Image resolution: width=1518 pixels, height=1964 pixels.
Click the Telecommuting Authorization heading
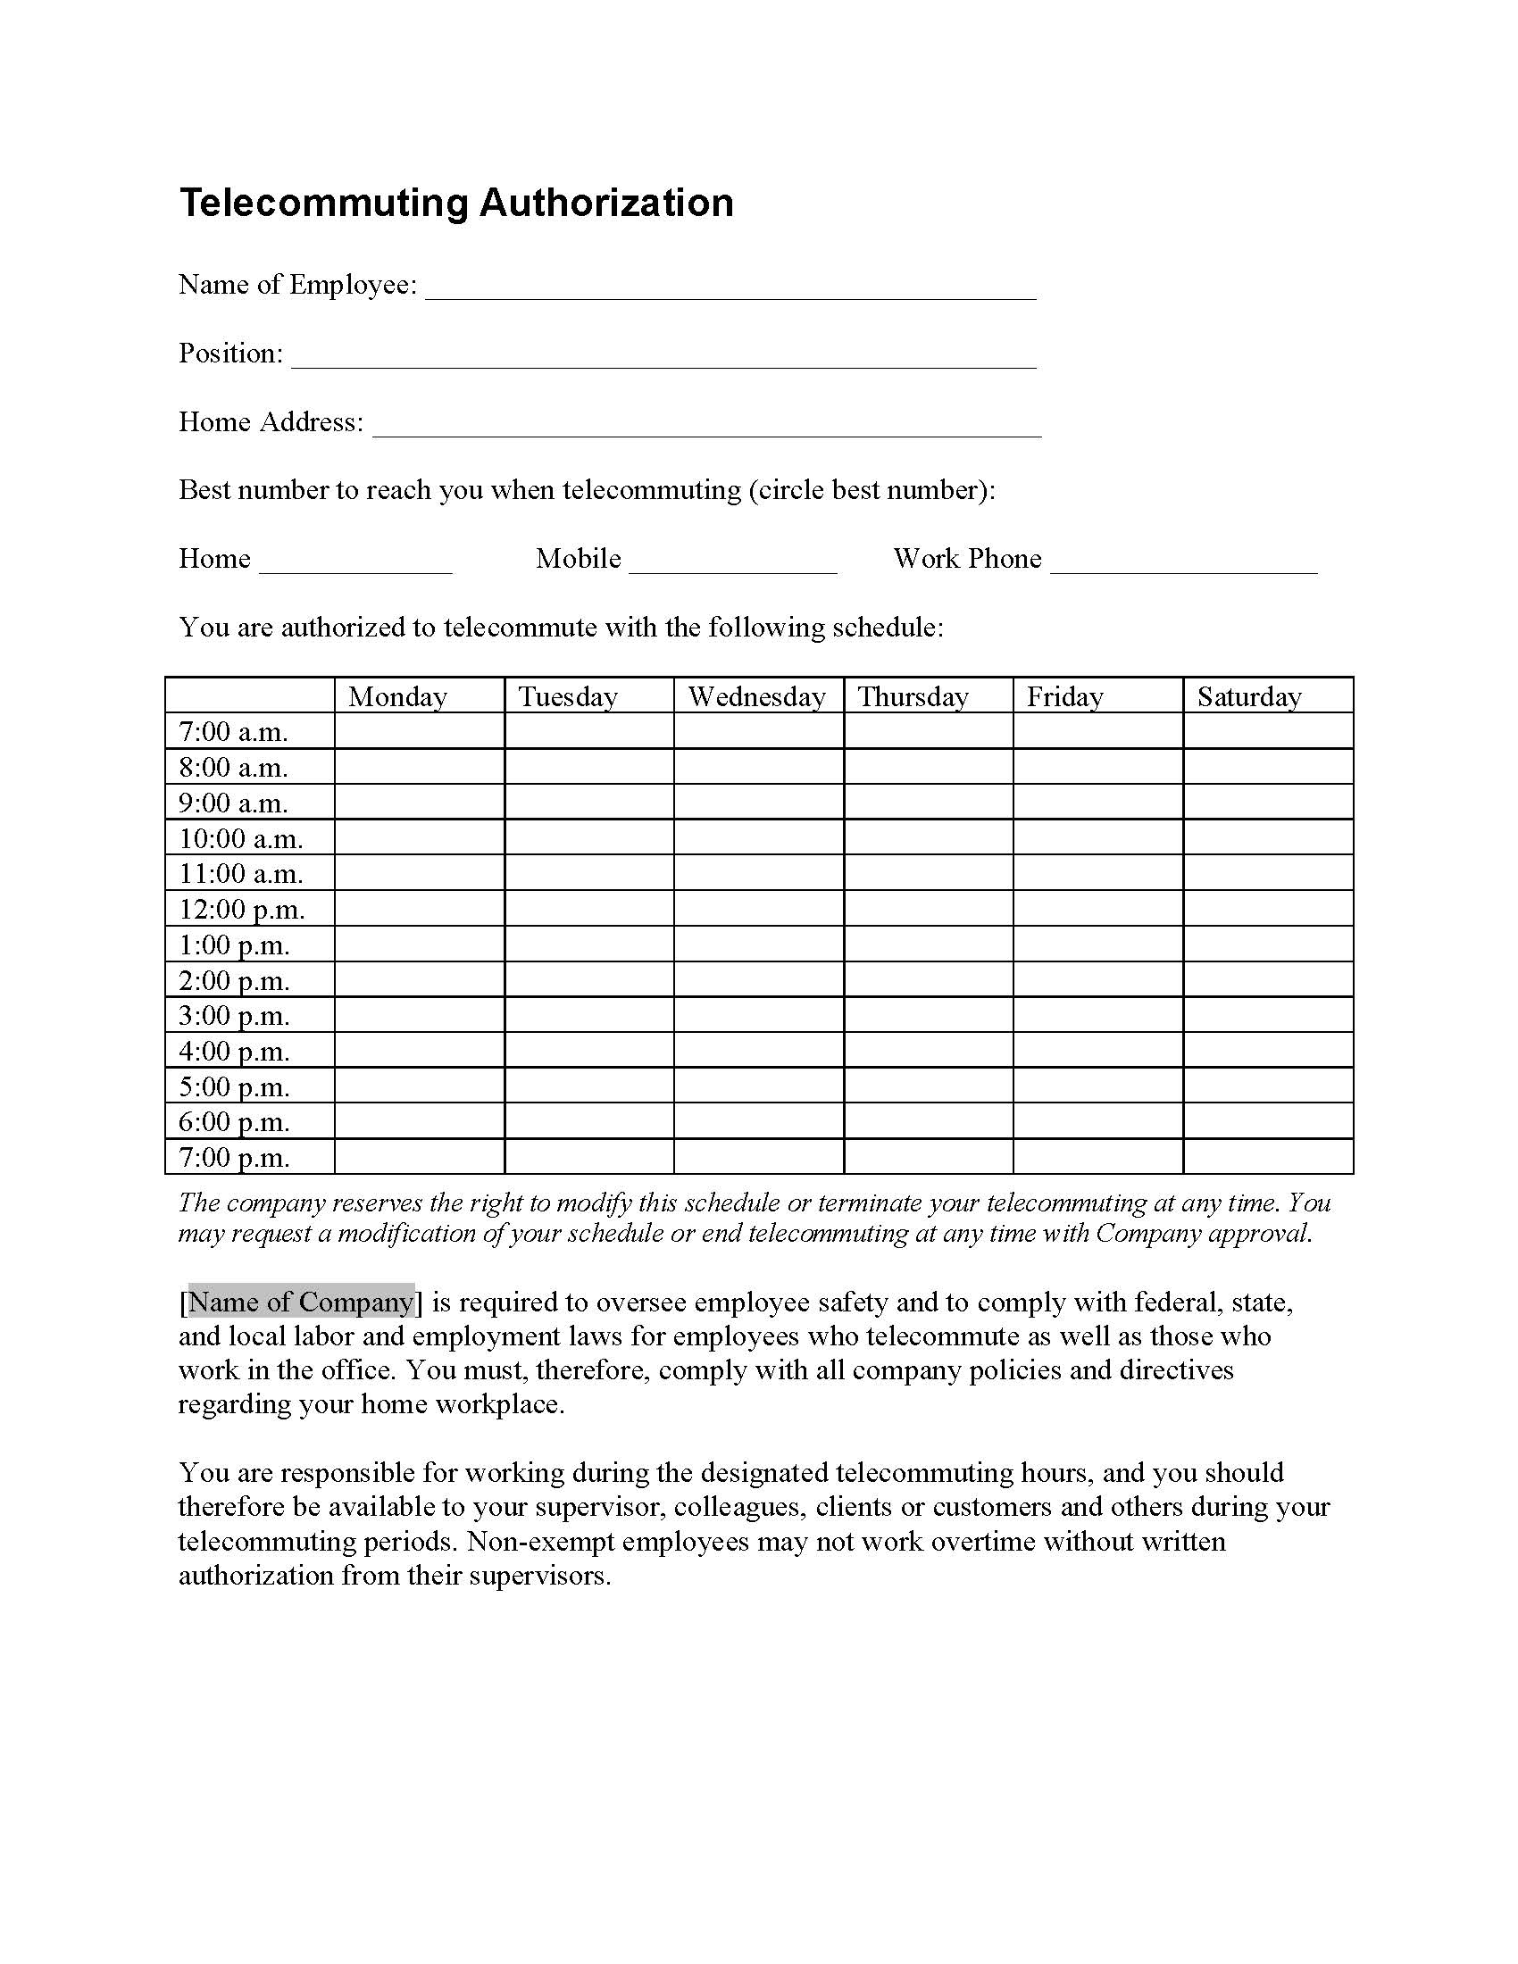pos(456,204)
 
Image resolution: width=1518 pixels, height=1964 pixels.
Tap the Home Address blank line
pos(707,426)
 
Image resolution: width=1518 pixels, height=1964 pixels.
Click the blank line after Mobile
pos(733,563)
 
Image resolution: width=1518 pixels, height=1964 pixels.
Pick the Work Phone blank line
pos(1183,563)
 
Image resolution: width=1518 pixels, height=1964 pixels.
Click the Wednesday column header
pos(756,697)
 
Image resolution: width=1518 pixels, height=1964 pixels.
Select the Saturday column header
pos(1249,697)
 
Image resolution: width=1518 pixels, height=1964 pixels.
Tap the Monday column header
pos(397,697)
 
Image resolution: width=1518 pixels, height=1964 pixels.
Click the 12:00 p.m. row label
pos(242,909)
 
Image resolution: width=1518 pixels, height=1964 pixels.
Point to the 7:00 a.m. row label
pos(233,732)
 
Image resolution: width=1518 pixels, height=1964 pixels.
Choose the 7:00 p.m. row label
pos(234,1157)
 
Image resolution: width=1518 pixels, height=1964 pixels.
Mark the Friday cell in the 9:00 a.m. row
pos(1097,803)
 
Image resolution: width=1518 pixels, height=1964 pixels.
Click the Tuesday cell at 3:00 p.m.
pos(589,1015)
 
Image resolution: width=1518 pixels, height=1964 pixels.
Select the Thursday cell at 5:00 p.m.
pos(928,1086)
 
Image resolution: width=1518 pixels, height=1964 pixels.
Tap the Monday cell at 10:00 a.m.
pos(419,838)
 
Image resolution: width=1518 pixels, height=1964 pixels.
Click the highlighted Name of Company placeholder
pos(301,1302)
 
